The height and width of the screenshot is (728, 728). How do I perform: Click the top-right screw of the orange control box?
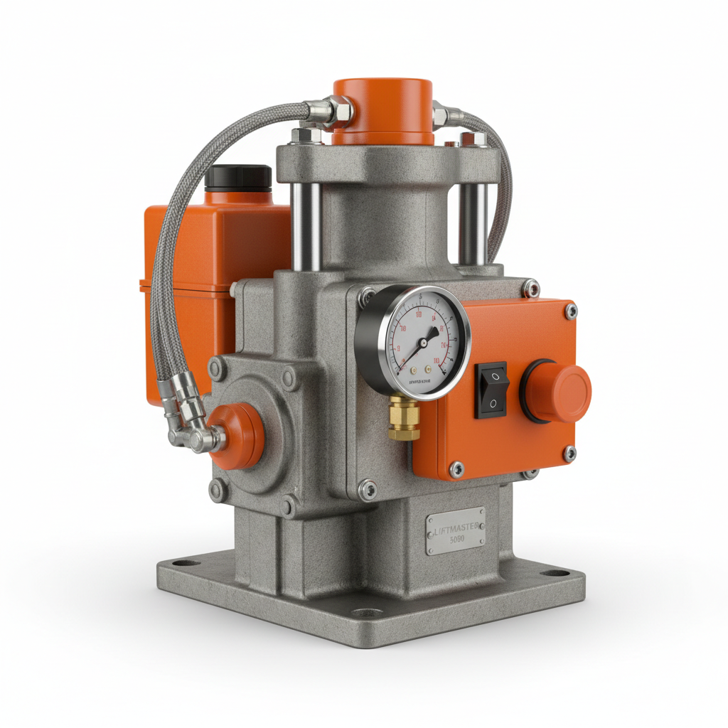click(570, 310)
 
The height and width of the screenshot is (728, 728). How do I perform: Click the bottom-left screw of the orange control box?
click(458, 469)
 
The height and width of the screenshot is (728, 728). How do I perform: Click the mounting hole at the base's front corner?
click(364, 614)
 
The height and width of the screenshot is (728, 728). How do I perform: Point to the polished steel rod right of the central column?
click(473, 224)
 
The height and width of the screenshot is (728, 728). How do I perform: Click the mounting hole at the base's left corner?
click(188, 566)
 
